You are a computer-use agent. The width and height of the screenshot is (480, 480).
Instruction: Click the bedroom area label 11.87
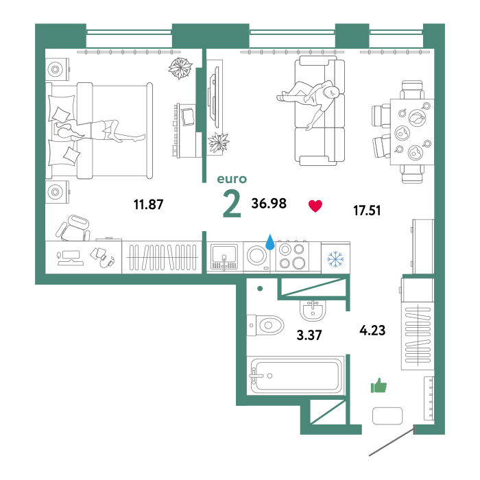149,204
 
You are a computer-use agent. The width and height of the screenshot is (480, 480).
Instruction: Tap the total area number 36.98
269,203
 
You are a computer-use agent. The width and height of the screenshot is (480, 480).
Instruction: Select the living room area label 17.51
367,211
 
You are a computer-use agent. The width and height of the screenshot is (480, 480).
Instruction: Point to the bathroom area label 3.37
309,335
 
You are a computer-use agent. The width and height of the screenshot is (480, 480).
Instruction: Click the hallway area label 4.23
372,331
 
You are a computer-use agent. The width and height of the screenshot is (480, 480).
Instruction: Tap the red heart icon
315,206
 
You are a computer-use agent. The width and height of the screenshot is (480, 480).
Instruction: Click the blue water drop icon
269,242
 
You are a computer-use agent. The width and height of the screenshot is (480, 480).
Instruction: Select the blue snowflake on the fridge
335,259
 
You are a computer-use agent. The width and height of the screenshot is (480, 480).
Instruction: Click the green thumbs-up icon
379,385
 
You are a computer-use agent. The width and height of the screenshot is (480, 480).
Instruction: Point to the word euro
232,179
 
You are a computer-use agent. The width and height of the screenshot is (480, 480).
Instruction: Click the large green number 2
232,204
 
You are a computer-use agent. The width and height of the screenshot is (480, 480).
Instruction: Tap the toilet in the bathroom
265,325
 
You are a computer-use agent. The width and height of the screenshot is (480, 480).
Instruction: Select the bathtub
296,375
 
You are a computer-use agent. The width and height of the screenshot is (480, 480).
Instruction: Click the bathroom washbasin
312,310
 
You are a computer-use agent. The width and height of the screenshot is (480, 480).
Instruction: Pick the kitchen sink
224,256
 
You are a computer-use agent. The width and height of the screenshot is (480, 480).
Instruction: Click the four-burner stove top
291,256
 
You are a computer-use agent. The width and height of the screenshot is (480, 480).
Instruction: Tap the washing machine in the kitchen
257,256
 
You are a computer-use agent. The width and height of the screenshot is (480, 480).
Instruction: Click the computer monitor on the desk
70,258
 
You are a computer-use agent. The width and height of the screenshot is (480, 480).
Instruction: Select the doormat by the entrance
387,416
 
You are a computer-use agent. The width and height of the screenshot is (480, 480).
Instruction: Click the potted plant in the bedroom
180,68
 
